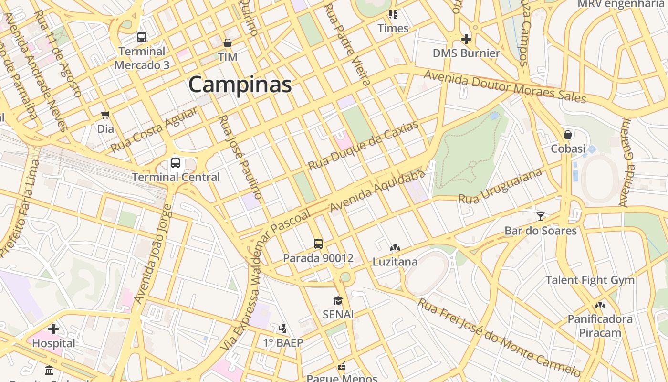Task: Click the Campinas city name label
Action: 240,85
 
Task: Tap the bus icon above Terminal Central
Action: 176,163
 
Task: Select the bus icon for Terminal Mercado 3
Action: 141,37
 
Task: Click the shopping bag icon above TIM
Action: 228,43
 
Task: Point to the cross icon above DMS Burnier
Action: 466,39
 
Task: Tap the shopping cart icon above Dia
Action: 105,115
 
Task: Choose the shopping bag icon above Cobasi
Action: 568,134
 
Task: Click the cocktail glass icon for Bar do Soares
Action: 540,217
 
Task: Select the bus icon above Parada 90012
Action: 318,244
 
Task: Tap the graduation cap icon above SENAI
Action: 338,300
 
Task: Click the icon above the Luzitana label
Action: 395,248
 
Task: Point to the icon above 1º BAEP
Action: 283,329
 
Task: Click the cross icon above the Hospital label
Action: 53,329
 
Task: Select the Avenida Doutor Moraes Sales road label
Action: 504,86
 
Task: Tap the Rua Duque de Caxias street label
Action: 363,145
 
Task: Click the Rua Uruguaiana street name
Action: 500,186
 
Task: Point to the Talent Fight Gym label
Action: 590,280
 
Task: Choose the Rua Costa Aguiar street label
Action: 154,130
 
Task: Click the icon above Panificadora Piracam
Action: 600,305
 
